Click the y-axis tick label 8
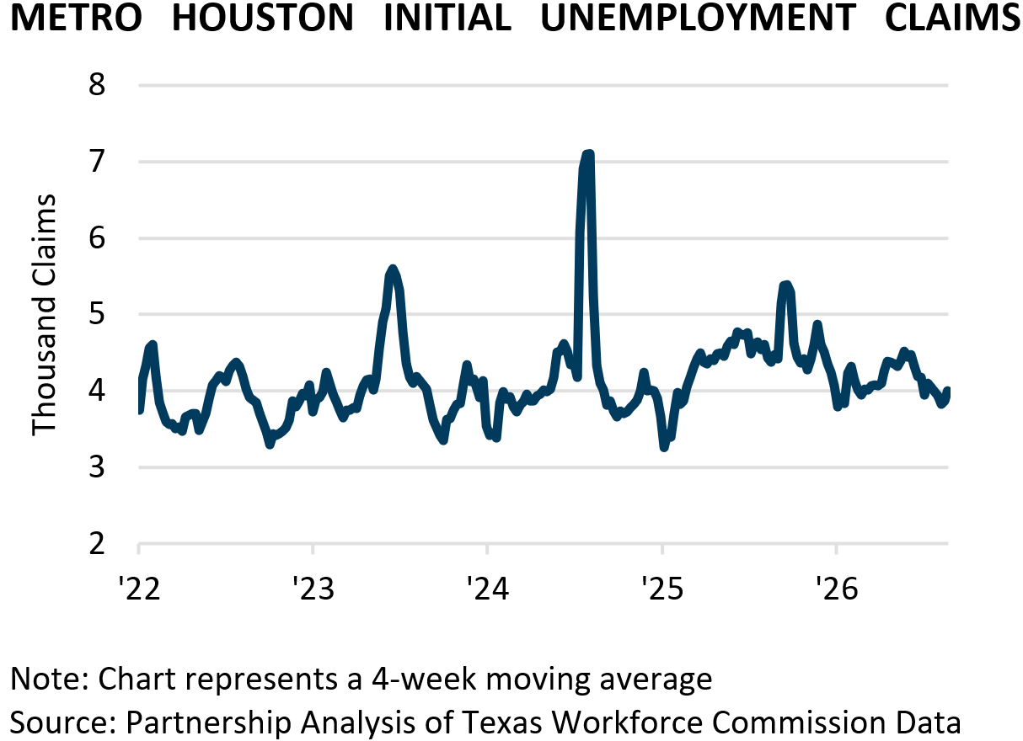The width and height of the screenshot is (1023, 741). pos(97,84)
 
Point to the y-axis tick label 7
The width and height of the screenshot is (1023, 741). pos(97,161)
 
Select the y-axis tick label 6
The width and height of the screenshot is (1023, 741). pos(97,237)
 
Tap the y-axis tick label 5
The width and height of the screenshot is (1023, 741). pos(97,314)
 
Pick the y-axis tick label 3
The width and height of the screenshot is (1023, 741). pos(97,467)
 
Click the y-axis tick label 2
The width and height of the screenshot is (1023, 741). pos(97,544)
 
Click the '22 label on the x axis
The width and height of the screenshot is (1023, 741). pos(139,588)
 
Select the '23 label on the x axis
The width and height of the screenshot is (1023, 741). pos(313,588)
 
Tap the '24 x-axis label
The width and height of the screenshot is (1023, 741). pos(488,588)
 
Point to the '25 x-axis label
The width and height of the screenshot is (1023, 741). pos(662,588)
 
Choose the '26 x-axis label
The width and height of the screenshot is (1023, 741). pos(837,588)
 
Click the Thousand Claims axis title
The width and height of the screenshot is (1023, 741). pos(44,315)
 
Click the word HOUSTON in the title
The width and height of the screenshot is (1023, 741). pos(263,18)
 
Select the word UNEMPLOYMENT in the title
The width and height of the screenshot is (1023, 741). pos(699,18)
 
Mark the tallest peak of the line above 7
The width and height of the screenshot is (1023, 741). pos(588,154)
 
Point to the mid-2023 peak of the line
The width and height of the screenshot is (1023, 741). pos(393,269)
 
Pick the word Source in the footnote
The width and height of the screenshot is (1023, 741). pos(64,722)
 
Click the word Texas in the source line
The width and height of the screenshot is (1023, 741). pos(501,722)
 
